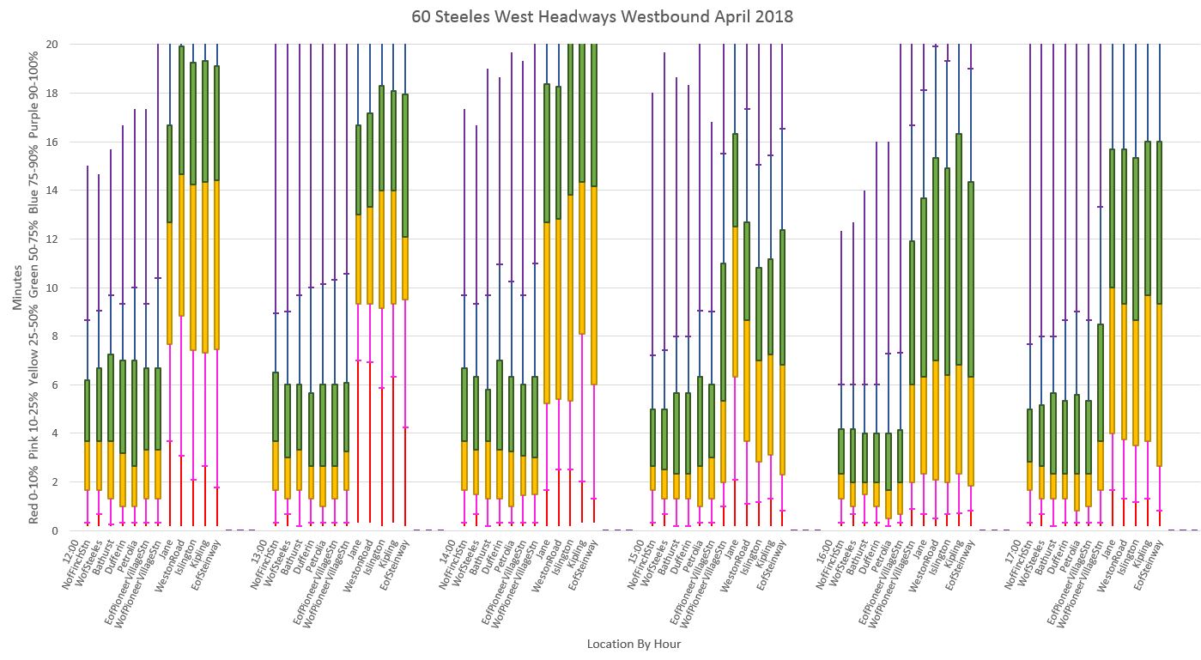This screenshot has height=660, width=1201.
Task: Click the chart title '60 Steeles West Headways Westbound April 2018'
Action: pos(600,16)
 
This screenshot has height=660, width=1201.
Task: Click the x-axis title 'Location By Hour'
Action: pos(634,644)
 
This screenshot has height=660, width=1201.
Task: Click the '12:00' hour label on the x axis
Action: pos(78,548)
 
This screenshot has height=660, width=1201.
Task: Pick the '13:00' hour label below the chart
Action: pos(266,548)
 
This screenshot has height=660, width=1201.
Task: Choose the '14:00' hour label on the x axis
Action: pos(455,548)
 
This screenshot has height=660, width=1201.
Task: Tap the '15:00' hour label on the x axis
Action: pos(644,548)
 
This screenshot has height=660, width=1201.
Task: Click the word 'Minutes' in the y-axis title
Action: pos(18,288)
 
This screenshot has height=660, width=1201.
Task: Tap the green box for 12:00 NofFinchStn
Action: pos(87,410)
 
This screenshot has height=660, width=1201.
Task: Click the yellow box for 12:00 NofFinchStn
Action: pos(87,466)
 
